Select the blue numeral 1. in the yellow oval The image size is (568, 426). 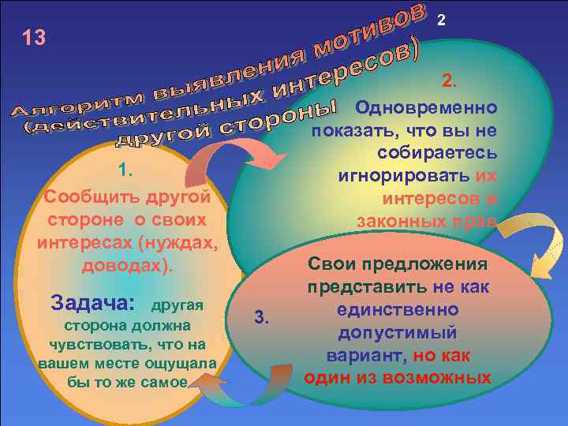pos(125,171)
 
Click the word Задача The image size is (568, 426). pos(92,302)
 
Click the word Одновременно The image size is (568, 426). pos(425,107)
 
